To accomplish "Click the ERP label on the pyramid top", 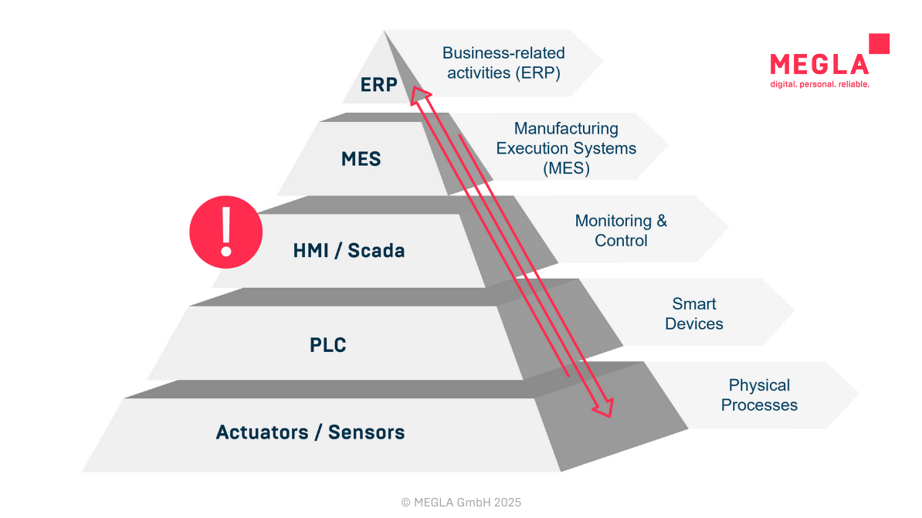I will [378, 84].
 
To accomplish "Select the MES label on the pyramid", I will [361, 159].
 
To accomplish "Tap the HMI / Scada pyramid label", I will [349, 251].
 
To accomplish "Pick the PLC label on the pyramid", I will [328, 344].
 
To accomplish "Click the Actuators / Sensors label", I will [310, 432].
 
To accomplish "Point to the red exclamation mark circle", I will [226, 232].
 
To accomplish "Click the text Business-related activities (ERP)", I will [503, 63].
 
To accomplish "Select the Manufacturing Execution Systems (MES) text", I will [566, 148].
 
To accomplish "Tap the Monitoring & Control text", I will [621, 231].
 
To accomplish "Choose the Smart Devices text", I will [693, 313].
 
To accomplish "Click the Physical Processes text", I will [759, 394].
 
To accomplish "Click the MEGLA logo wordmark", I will [819, 63].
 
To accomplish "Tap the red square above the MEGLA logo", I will [879, 43].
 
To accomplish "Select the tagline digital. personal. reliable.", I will [819, 84].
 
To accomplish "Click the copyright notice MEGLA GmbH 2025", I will [461, 503].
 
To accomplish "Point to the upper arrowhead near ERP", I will [418, 94].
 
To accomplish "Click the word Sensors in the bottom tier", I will [366, 432].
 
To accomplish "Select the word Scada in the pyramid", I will [376, 251].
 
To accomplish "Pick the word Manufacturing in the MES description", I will [566, 128].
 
